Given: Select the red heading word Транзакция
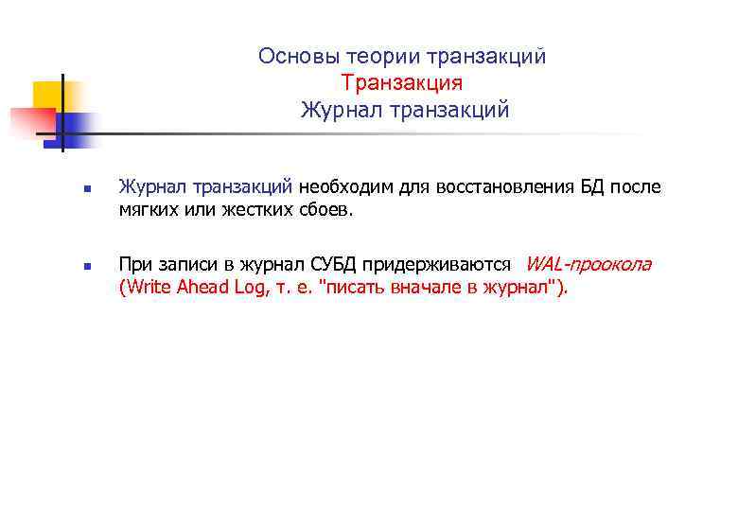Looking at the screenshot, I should tap(402, 84).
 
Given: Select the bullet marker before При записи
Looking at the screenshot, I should tap(85, 267).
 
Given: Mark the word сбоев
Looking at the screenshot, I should tap(326, 209).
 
